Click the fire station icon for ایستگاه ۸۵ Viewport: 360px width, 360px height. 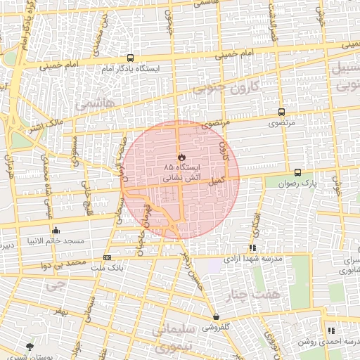[x=180, y=155]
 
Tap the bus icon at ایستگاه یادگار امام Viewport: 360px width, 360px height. [x=131, y=58]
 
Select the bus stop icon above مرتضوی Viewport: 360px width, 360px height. [x=281, y=112]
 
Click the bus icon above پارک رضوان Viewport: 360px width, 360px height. [x=297, y=172]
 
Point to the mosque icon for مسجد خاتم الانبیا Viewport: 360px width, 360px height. [x=56, y=230]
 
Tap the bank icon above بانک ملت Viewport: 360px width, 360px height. [x=107, y=257]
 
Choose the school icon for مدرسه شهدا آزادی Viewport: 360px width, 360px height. [x=252, y=247]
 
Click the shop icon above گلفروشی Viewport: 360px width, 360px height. [x=215, y=317]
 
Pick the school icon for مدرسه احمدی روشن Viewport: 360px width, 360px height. [x=330, y=330]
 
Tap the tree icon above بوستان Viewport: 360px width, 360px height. [x=30, y=346]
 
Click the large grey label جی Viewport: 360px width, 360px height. [x=53, y=286]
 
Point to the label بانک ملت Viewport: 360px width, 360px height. [x=107, y=269]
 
